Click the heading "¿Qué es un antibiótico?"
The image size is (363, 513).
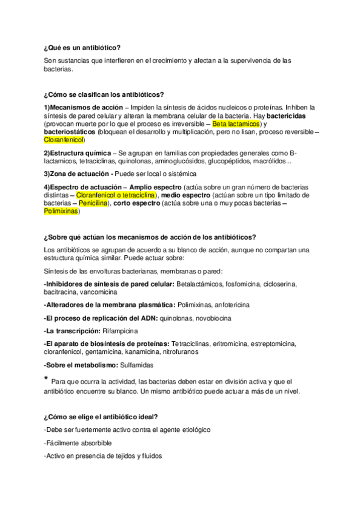coord(82,47)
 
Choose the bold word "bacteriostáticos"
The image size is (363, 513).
coord(69,131)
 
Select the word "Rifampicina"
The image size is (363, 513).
coord(119,331)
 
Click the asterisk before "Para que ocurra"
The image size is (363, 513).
coord(46,379)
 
